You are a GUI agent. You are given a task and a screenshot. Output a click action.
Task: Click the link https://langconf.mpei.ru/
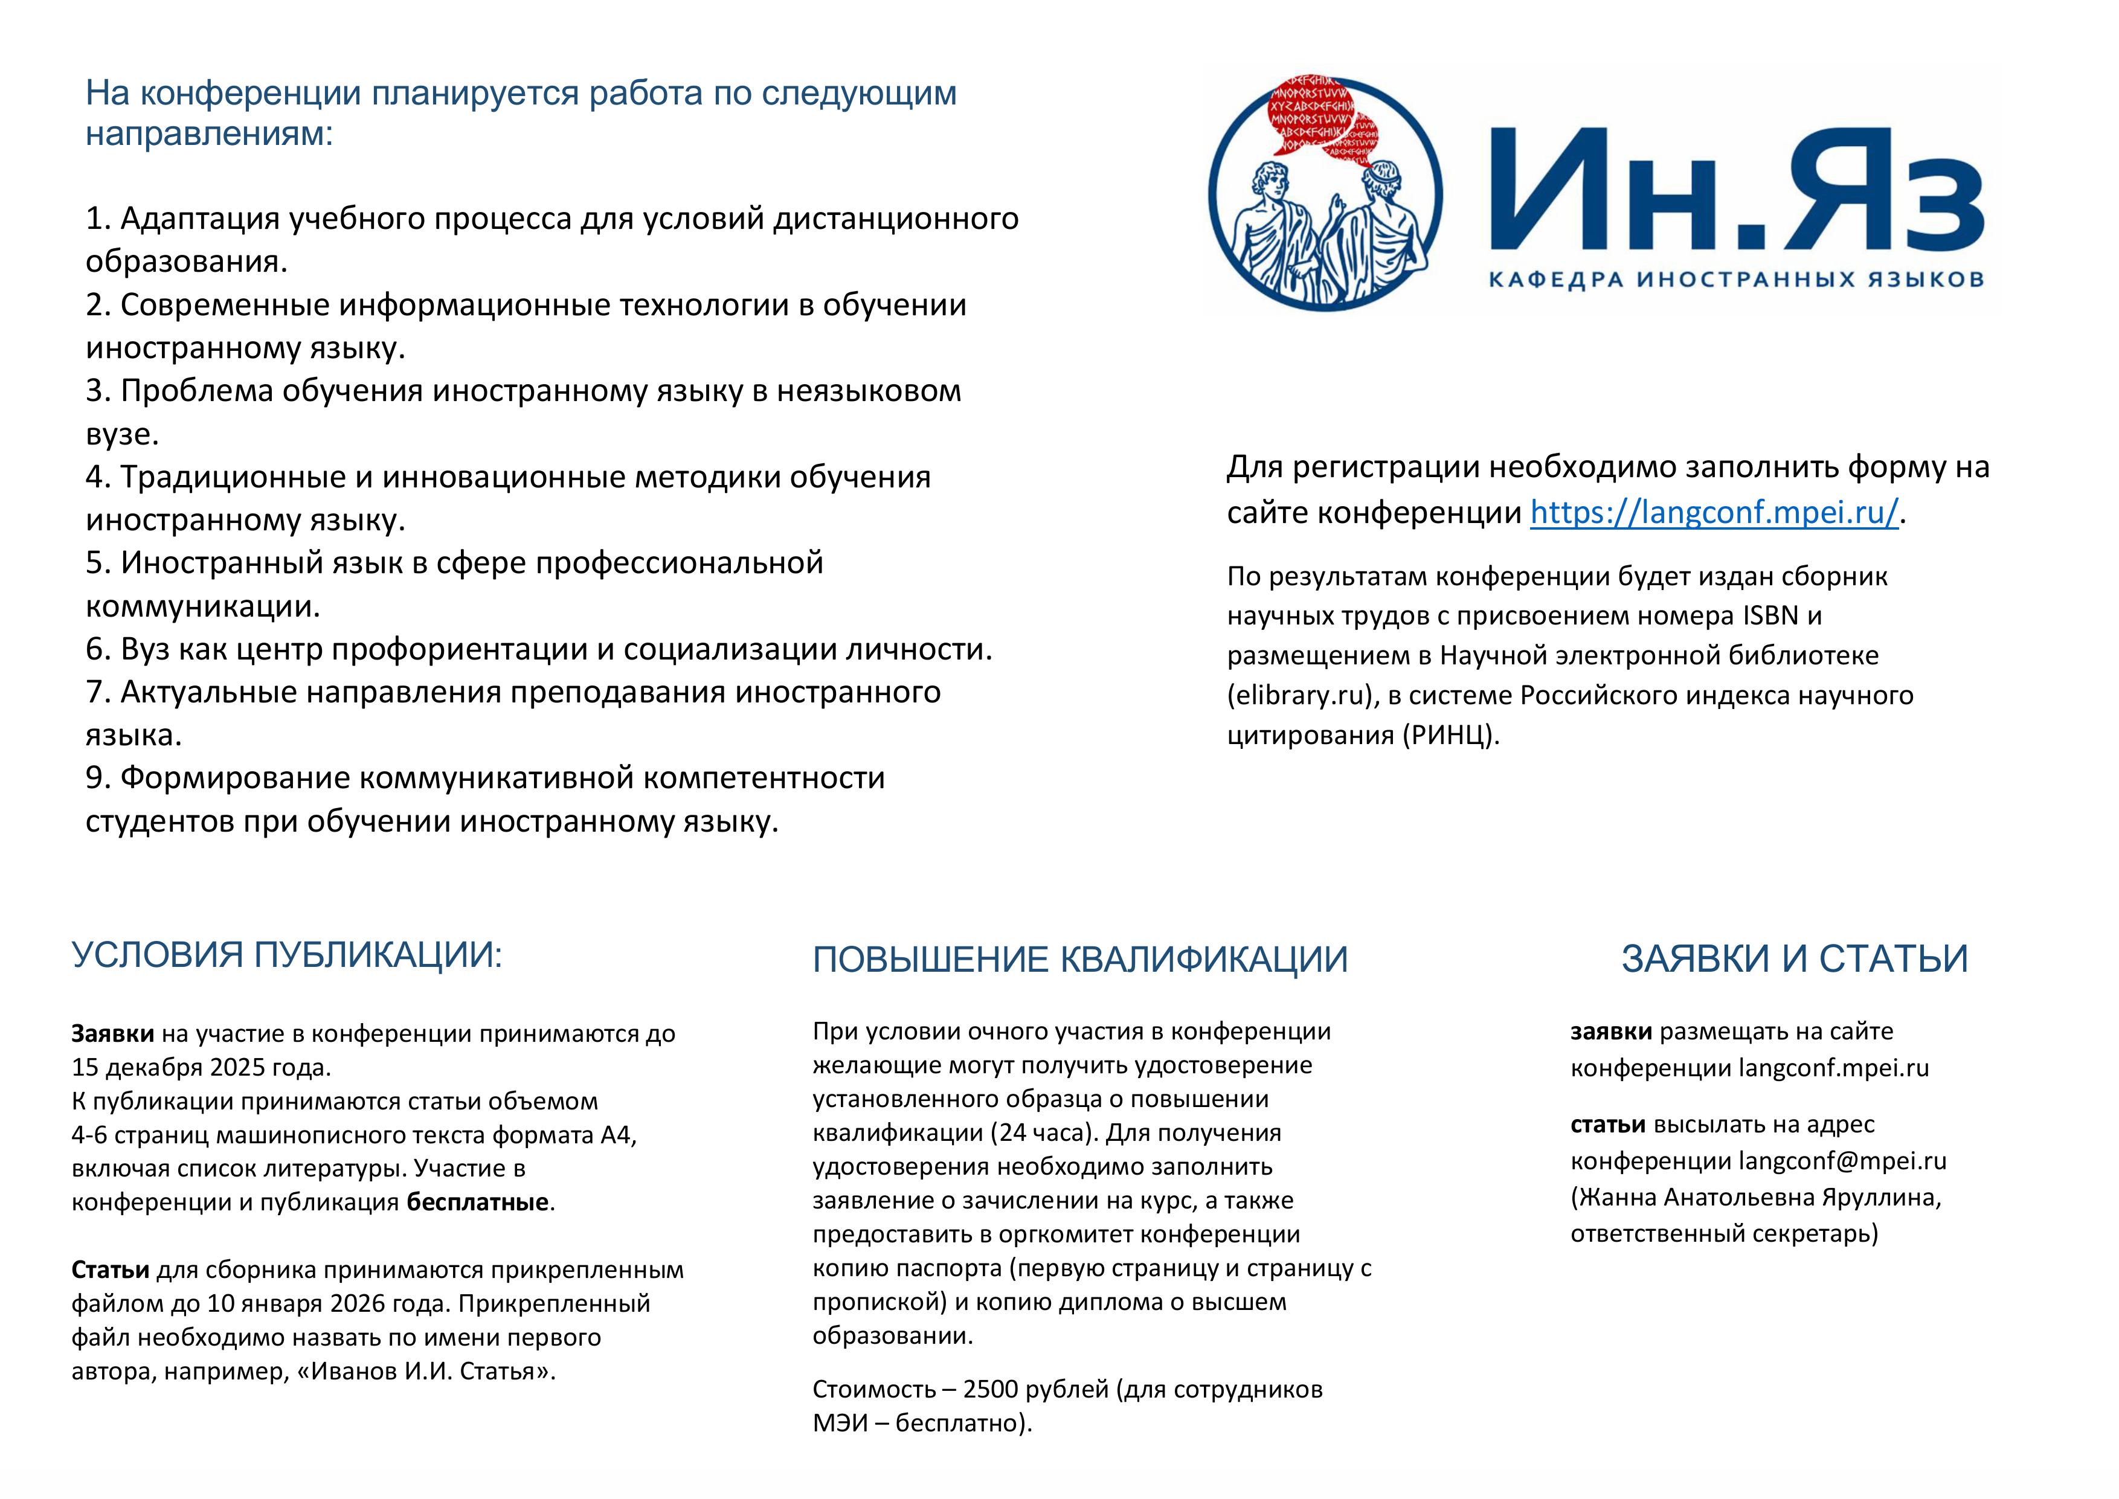click(1714, 512)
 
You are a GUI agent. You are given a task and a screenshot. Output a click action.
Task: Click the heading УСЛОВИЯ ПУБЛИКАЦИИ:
click(287, 955)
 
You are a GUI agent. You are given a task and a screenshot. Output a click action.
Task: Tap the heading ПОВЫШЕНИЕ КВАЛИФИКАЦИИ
click(1080, 960)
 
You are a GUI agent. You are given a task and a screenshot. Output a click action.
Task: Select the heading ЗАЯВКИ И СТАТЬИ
click(1794, 959)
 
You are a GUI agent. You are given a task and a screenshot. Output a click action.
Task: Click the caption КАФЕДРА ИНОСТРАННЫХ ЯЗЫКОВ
click(1735, 280)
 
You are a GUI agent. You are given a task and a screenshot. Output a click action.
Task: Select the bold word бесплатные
click(478, 1202)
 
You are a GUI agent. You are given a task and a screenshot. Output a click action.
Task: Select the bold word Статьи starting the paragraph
click(110, 1270)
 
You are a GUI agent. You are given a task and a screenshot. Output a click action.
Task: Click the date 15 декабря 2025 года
click(201, 1068)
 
